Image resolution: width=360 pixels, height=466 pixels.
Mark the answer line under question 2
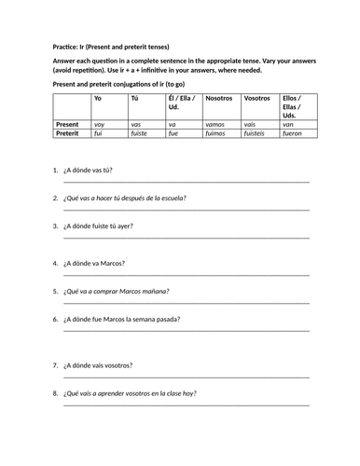tap(187, 212)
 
